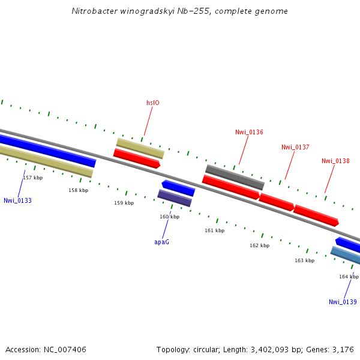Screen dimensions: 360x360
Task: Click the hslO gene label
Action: coord(153,103)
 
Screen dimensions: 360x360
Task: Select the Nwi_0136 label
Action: coord(249,132)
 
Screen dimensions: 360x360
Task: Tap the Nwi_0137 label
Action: coord(295,147)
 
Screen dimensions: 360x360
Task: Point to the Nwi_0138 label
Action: coord(335,161)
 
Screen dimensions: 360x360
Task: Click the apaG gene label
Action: coord(161,242)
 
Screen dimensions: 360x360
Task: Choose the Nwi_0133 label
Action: coord(17,200)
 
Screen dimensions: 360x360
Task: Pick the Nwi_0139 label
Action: coord(343,302)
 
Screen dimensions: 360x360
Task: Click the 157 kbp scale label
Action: coord(33,178)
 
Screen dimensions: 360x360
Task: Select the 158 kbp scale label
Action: coord(78,190)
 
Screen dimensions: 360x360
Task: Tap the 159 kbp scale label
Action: coord(124,203)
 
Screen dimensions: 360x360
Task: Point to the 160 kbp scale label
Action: coord(169,217)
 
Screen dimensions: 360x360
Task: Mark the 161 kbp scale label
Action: coord(214,230)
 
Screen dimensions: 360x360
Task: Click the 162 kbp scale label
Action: coord(259,245)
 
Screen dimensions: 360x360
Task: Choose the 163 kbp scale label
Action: coord(304,260)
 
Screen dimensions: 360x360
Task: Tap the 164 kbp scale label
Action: coord(349,277)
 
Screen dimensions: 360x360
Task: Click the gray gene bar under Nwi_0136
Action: coord(235,177)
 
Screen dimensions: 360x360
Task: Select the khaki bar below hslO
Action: coord(140,148)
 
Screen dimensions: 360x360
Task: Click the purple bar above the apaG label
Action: coord(174,198)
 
